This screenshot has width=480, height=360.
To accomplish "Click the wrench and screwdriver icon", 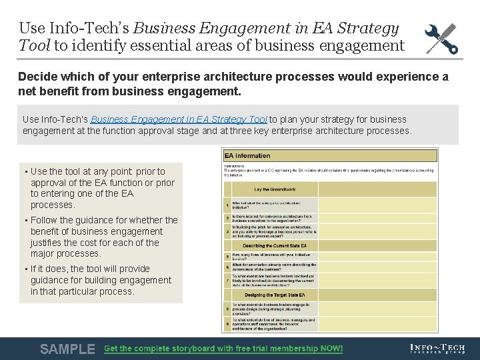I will (441, 37).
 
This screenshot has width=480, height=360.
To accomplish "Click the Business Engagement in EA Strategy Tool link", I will (179, 119).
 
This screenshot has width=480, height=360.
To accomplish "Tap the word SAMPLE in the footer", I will (67, 349).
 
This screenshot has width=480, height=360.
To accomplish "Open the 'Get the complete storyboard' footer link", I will (223, 349).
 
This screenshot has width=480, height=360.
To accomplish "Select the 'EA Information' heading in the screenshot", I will (248, 155).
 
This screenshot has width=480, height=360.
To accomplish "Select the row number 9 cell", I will (227, 324).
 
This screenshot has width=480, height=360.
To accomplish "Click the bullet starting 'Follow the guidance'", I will (104, 237).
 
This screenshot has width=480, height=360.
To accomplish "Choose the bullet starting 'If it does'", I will (100, 280).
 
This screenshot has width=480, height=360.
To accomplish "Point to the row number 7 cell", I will (227, 281).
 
